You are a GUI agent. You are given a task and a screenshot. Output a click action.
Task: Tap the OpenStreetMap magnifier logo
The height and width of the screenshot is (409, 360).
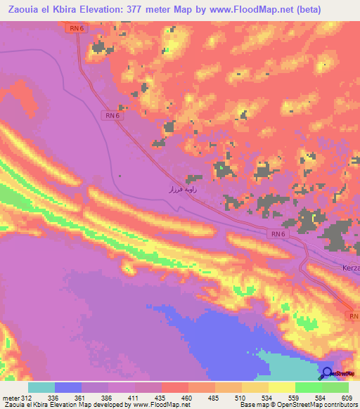pos(328,373)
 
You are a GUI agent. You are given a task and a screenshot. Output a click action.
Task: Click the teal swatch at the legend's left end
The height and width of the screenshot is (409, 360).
pos(41,387)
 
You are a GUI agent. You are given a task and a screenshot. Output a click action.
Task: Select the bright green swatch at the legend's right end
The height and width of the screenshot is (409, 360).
pos(335,387)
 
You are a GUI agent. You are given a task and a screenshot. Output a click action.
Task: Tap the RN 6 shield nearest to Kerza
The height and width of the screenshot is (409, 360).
pos(278,234)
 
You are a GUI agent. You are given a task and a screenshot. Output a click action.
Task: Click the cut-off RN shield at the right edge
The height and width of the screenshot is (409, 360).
pos(354,317)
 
